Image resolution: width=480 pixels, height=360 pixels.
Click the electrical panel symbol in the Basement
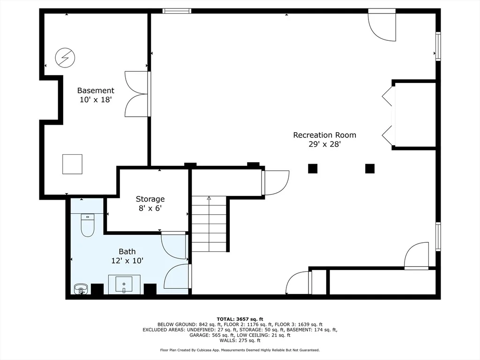[65, 58]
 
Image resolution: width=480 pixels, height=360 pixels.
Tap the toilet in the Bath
[88, 225]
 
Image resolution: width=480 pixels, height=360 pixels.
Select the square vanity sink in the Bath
[124, 285]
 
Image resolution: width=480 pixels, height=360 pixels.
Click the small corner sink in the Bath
[81, 289]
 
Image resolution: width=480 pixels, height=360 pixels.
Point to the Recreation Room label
[324, 135]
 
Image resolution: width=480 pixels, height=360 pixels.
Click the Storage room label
[150, 199]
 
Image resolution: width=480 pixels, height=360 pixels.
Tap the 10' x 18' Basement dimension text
[96, 99]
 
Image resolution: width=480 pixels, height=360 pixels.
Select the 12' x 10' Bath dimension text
[127, 261]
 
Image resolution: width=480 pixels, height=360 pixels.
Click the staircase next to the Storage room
[209, 224]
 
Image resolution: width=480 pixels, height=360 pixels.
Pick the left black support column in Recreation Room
[313, 169]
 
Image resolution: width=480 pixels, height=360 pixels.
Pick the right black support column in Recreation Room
[370, 169]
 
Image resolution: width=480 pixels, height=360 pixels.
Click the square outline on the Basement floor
[72, 164]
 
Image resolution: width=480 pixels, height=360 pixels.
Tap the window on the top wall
[177, 11]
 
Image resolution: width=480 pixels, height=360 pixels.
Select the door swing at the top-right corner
[382, 25]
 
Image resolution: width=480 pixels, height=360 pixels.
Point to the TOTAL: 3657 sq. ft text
[240, 319]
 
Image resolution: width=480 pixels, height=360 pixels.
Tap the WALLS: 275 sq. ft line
[240, 340]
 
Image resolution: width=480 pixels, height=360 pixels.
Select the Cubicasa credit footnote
[240, 350]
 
